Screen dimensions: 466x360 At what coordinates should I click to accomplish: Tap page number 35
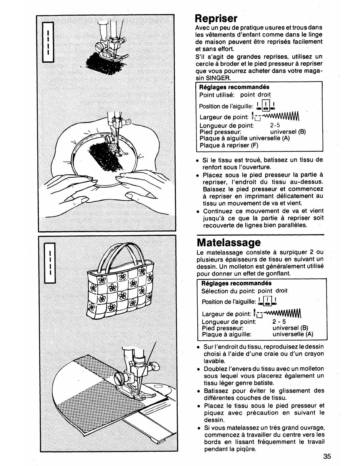coord(327,456)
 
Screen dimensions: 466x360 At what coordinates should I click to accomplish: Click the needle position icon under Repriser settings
coord(266,106)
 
